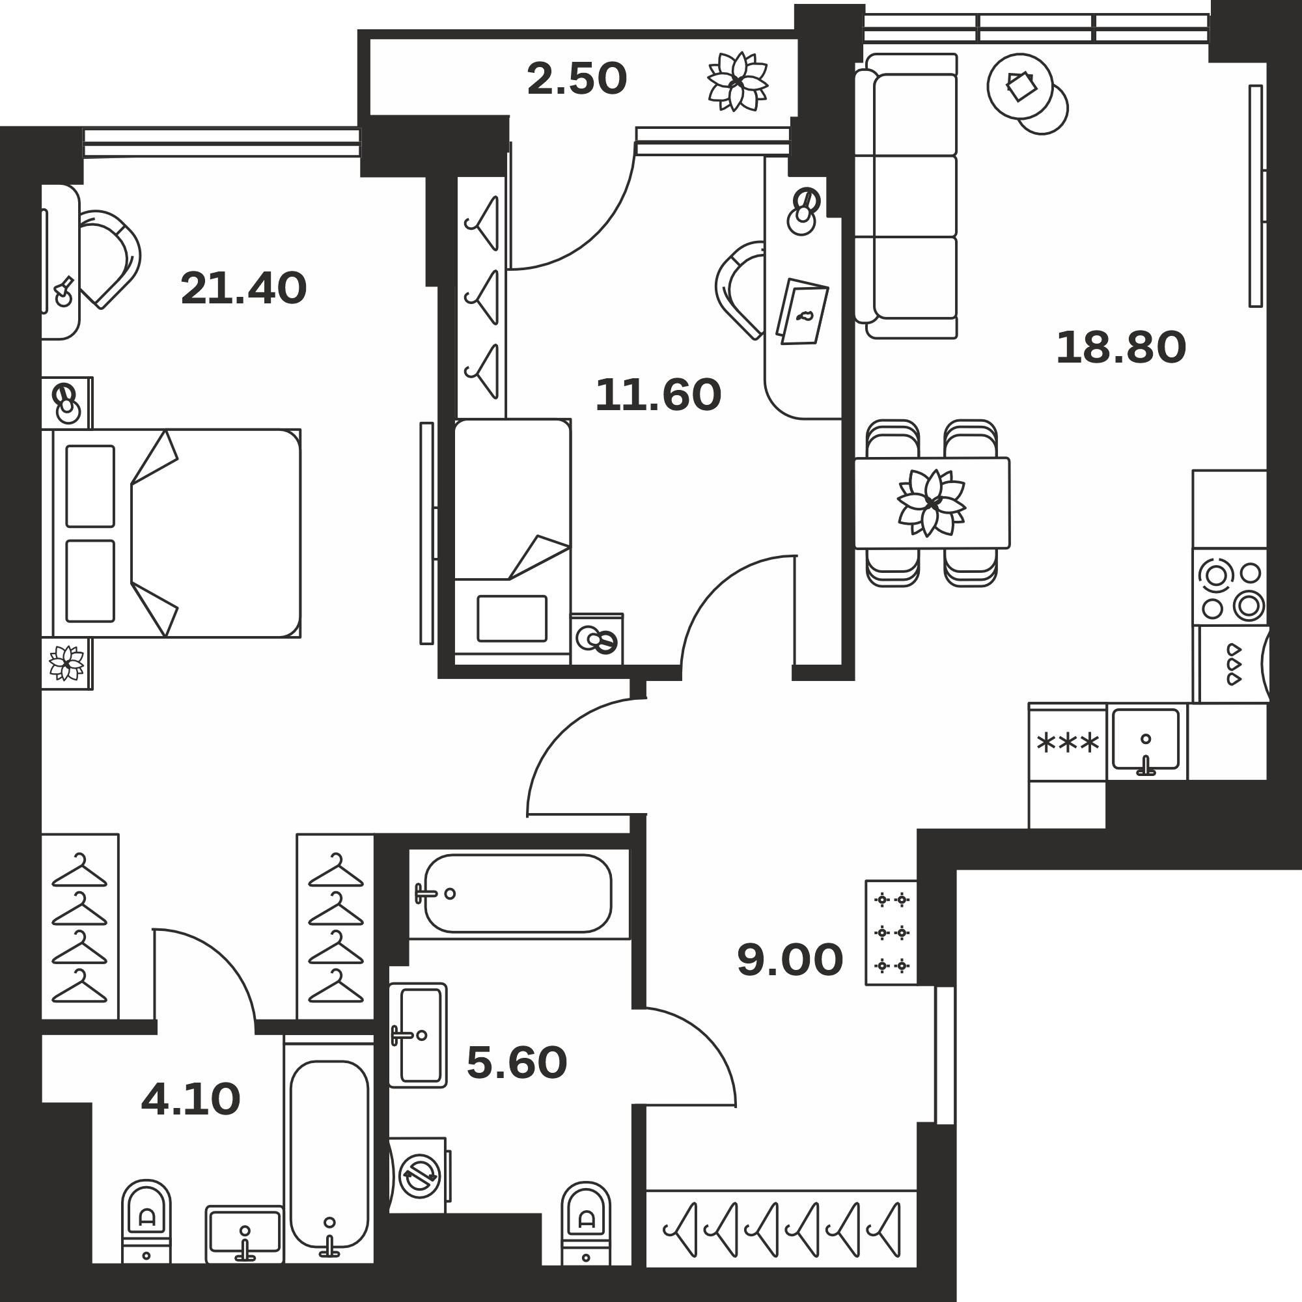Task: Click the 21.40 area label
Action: pos(243,288)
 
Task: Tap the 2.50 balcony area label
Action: pos(577,79)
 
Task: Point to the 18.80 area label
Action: pos(1121,348)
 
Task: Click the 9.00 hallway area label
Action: pos(790,960)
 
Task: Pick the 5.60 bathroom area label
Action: pos(517,1063)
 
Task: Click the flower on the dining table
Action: pos(932,503)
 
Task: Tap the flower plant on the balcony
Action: pos(738,81)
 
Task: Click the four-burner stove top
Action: pos(1230,587)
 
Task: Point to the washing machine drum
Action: pos(420,1176)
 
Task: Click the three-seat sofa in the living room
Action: pos(906,196)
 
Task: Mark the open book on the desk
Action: pos(803,311)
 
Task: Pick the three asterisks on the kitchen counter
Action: pos(1068,743)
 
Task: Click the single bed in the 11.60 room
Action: pos(512,542)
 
